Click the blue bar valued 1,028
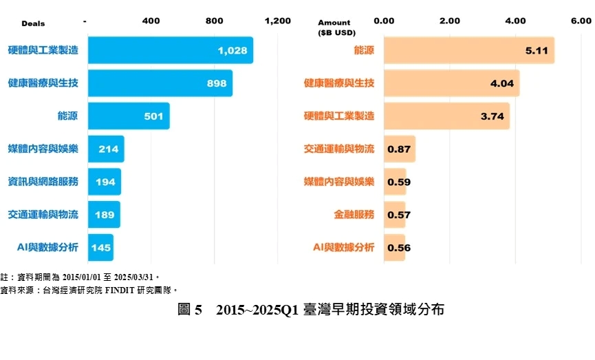[x=170, y=50]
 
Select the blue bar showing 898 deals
[x=160, y=83]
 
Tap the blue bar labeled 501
[x=128, y=116]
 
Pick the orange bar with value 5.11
[x=468, y=50]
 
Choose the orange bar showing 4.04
[x=451, y=83]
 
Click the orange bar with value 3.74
[x=446, y=116]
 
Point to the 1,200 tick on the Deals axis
[x=277, y=21]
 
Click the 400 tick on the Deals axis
[x=151, y=21]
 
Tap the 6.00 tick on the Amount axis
[x=581, y=21]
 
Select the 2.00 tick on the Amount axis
[x=449, y=21]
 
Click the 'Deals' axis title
[x=33, y=23]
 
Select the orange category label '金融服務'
[x=354, y=215]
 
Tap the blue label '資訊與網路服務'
[x=43, y=182]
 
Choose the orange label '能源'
[x=364, y=50]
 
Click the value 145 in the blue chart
[x=101, y=248]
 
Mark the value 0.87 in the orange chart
[x=400, y=149]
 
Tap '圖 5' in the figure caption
[x=190, y=310]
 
